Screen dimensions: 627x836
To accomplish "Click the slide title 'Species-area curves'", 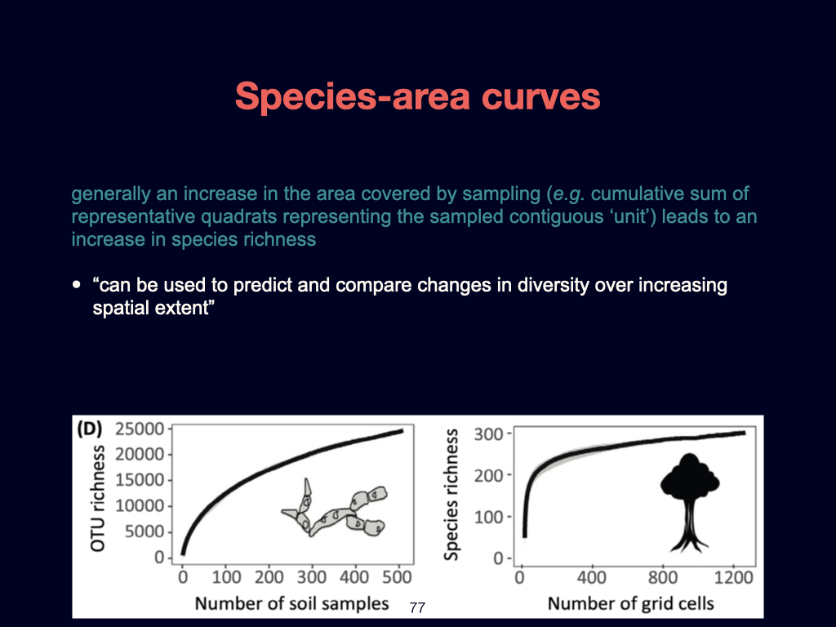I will (x=417, y=97).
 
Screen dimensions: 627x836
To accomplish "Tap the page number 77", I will (x=417, y=607).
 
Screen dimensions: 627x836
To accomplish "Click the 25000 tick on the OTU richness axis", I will (x=140, y=429).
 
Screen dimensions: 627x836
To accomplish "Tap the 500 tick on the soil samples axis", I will (x=398, y=577).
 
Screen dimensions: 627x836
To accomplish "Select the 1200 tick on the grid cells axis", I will (x=733, y=577).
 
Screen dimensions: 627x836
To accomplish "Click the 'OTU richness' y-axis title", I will (x=99, y=498).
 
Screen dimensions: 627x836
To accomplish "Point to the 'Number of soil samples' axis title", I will (x=291, y=603).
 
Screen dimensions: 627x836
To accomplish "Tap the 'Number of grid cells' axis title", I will (x=630, y=603).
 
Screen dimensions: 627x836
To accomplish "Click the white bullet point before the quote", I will (x=77, y=286).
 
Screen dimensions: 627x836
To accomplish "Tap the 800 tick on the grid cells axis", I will (x=662, y=577).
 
